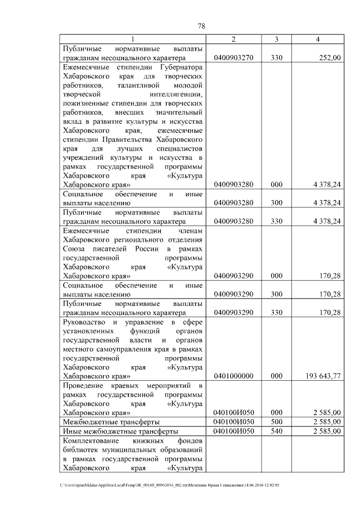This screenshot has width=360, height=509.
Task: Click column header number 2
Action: (x=233, y=39)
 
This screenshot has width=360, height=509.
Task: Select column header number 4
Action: (x=318, y=39)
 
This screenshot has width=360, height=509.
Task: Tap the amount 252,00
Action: (x=329, y=57)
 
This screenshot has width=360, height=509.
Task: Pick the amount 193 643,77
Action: (x=321, y=376)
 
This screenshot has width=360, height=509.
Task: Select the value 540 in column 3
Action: (x=276, y=431)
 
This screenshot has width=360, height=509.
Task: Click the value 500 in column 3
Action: (x=276, y=421)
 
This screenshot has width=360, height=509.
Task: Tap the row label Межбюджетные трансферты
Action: (x=111, y=421)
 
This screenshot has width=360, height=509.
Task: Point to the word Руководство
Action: (x=85, y=322)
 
